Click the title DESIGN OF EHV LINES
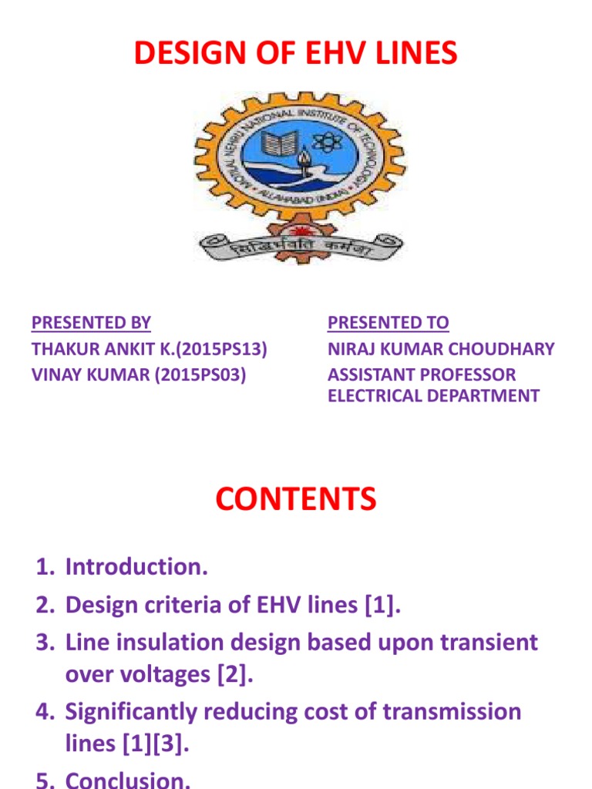coord(296,53)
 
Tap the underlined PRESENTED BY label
coord(91,323)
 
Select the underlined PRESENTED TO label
coord(388,323)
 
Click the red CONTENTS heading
coord(296,499)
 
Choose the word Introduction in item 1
coord(136,568)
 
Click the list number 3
coord(45,642)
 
